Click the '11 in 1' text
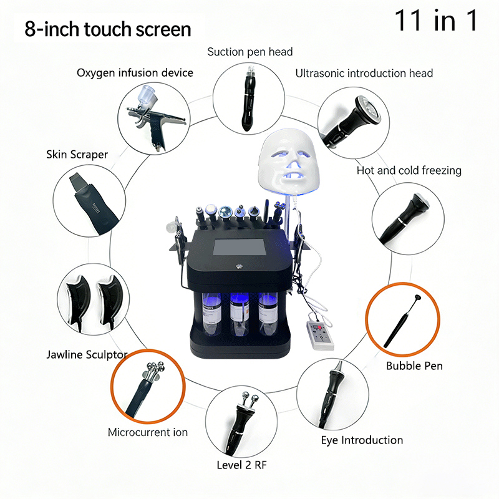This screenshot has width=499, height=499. (x=436, y=20)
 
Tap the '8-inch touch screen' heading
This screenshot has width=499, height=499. (x=108, y=29)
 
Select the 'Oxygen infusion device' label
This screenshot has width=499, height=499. (x=135, y=73)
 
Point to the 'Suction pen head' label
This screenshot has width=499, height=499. (x=249, y=52)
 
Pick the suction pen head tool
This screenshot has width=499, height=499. (x=248, y=99)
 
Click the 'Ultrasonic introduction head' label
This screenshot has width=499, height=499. (x=364, y=73)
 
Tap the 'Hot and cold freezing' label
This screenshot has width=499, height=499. (x=409, y=170)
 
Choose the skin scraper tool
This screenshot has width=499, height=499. (x=90, y=202)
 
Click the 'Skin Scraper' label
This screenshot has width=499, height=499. (x=77, y=154)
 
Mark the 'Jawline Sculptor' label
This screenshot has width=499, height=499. (x=87, y=355)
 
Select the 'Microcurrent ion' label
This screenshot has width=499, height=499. (x=147, y=432)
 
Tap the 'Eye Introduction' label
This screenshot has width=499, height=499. (x=362, y=440)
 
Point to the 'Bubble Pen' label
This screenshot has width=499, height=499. (x=414, y=366)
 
